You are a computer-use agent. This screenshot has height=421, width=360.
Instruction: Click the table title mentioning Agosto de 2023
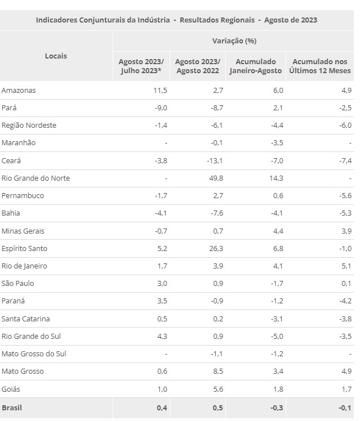point(176,20)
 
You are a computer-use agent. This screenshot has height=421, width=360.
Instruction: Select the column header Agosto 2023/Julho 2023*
point(141,66)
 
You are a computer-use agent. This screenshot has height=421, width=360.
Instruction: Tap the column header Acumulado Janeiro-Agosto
point(256,66)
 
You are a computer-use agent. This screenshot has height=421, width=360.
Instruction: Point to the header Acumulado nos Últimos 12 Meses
point(319,66)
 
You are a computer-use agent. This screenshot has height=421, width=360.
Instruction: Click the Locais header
point(56,56)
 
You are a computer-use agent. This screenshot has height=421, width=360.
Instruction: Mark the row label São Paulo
point(19,283)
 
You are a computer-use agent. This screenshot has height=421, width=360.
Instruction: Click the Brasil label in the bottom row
point(12,407)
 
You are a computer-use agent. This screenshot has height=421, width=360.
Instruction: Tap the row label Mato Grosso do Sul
point(35,354)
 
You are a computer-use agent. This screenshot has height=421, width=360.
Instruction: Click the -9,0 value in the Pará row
point(161,108)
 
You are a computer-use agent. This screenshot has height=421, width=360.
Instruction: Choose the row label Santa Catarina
point(26,319)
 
